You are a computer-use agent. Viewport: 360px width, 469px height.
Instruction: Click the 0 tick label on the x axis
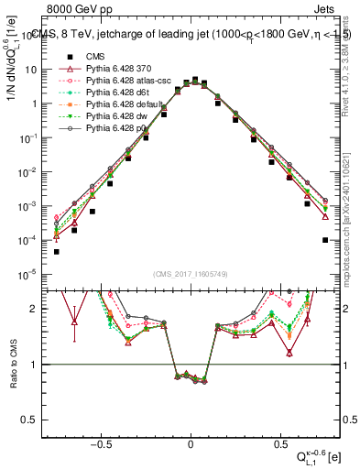tap(191, 441)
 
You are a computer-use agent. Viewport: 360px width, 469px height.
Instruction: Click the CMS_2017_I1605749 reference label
tap(191, 274)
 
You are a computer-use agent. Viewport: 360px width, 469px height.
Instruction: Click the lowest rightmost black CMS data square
tap(324, 240)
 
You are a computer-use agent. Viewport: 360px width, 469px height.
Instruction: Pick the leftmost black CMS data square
tap(56, 252)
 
